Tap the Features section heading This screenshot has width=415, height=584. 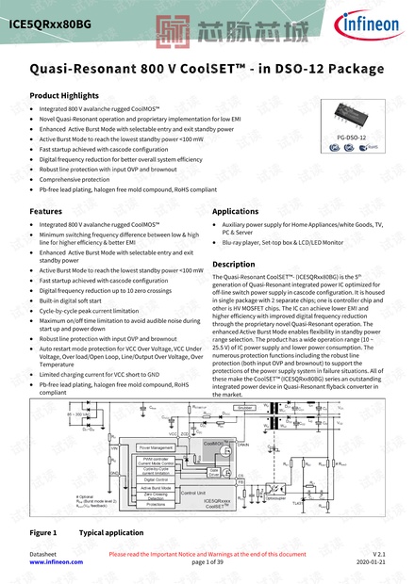click(x=46, y=211)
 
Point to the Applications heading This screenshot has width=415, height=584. click(x=236, y=211)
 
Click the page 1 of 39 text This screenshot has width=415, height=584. click(x=207, y=561)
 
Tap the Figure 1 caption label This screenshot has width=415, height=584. click(x=43, y=532)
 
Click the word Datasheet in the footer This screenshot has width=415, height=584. click(x=43, y=553)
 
